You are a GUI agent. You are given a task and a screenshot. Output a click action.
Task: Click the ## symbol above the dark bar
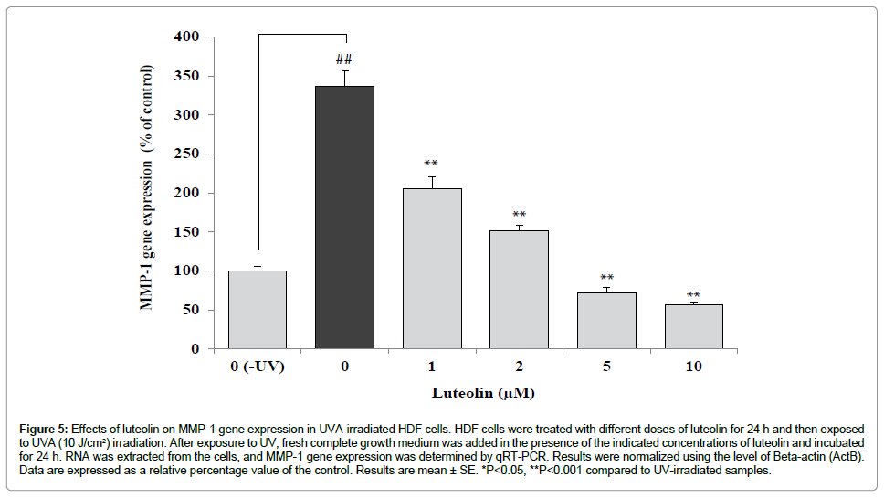pos(344,58)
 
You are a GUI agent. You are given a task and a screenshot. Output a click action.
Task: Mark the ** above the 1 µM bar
pos(431,165)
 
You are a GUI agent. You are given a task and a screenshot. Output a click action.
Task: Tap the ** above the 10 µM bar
pos(693,295)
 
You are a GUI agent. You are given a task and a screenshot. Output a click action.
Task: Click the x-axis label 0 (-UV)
pos(257,366)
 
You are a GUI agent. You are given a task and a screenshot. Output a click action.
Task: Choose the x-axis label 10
pos(693,366)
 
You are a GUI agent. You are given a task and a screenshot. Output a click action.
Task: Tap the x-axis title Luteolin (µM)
pos(483,394)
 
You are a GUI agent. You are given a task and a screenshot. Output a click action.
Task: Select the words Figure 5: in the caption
pos(43,428)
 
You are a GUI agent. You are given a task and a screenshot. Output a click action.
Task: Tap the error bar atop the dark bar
pos(344,77)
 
